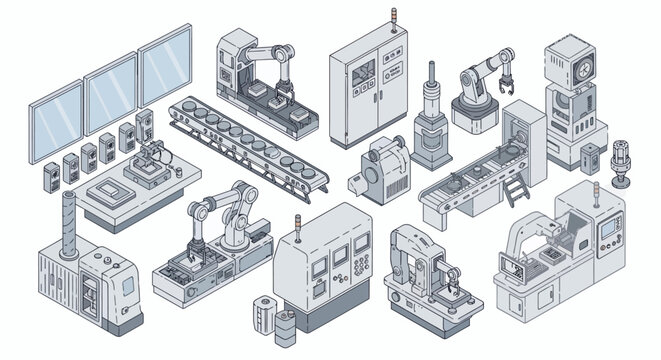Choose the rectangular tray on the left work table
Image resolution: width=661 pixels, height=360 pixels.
(107, 191)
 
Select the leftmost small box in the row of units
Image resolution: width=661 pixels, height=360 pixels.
(48, 178)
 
